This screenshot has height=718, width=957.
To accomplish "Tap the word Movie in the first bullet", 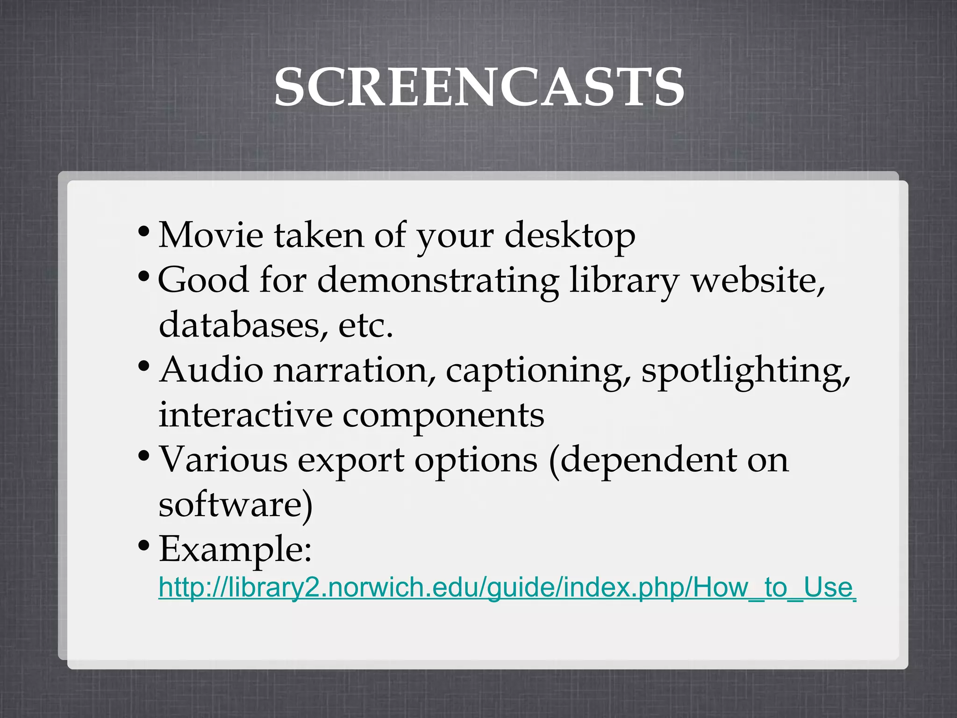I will (x=211, y=235).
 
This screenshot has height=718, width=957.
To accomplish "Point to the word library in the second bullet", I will (x=623, y=280).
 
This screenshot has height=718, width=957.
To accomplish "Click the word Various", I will (x=223, y=460).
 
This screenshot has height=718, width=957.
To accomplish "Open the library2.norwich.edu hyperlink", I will (x=507, y=588).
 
